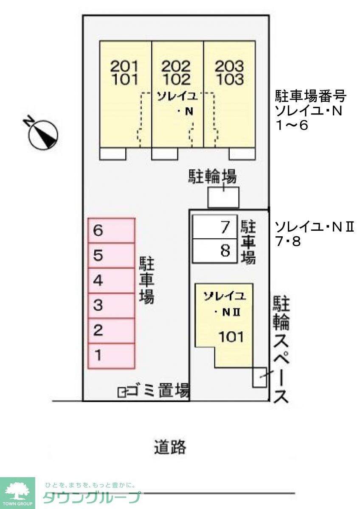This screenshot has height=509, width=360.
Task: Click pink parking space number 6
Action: coord(111,231)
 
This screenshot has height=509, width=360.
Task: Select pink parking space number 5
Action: coord(111,255)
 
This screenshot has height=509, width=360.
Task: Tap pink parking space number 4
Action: coord(111,280)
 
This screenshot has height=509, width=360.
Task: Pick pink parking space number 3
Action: coord(111,305)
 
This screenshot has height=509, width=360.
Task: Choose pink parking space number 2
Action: coord(111,330)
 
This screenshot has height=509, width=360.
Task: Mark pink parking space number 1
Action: coord(111,355)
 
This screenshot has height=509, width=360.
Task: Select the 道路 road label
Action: coord(170,447)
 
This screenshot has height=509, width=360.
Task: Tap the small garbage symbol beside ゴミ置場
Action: coord(122,392)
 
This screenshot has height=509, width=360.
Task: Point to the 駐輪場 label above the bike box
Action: coord(212,177)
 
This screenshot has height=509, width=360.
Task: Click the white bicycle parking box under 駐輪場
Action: coord(223,198)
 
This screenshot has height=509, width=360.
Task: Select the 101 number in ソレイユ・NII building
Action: coord(231,337)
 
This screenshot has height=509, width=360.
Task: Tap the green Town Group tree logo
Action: coord(17,491)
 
